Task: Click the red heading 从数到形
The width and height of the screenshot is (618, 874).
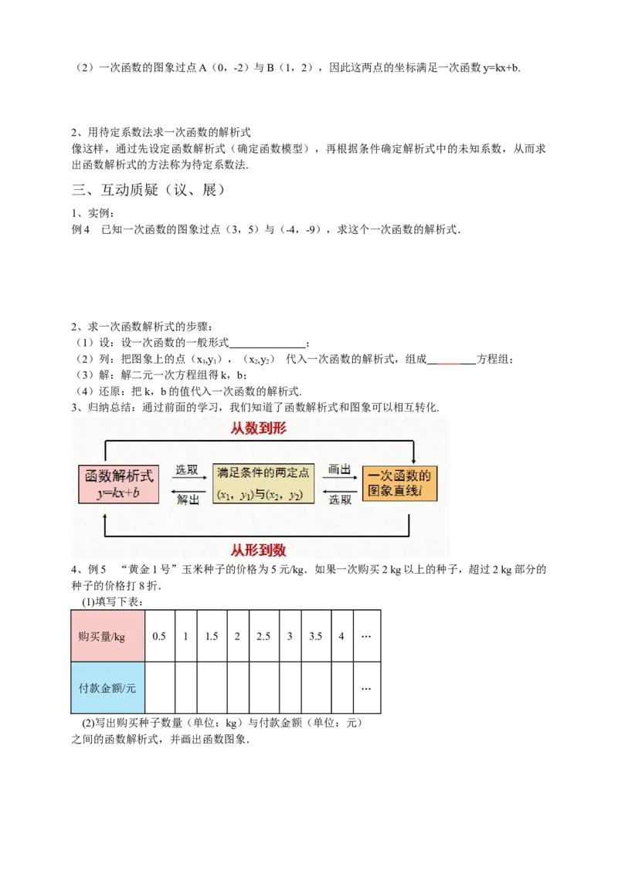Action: pos(259,428)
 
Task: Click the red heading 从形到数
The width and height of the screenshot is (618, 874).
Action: pos(259,550)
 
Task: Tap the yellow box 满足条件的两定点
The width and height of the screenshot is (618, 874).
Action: pos(263,484)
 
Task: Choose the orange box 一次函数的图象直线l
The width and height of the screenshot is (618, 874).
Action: pos(399,483)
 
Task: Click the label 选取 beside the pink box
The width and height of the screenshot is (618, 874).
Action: pos(186,469)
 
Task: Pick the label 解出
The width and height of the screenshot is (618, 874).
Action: pos(187,500)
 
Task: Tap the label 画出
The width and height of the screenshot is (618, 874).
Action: pos(340,469)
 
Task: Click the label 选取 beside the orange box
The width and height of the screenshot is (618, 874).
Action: pos(340,500)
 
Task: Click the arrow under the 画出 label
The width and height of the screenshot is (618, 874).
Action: pos(340,478)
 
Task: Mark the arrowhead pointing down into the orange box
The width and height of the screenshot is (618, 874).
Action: pos(413,461)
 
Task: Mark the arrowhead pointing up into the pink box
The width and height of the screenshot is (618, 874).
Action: pos(106,509)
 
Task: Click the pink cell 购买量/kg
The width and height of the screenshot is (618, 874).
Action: pos(108,637)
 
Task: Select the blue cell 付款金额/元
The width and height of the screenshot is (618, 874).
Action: pos(108,688)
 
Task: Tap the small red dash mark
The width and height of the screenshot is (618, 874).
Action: pos(449,364)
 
